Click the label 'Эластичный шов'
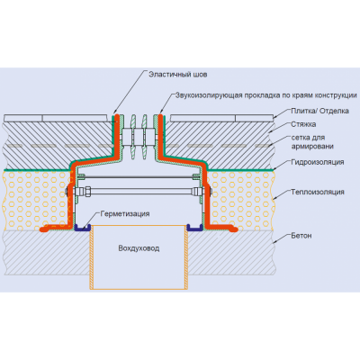click(178, 75)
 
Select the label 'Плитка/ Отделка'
click(319, 111)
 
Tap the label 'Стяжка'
click(303, 124)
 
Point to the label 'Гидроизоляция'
click(318, 162)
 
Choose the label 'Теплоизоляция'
click(318, 192)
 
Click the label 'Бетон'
click(301, 236)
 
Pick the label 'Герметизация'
click(125, 214)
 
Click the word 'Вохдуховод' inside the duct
click(139, 248)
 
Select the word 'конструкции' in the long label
click(336, 95)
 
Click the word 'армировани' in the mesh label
click(312, 147)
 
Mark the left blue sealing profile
click(82, 228)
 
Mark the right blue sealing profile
click(195, 228)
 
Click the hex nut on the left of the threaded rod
click(88, 191)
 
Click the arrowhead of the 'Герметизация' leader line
click(87, 228)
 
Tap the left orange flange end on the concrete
click(42, 229)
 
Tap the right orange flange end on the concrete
click(235, 229)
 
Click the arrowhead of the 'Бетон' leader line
click(274, 242)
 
